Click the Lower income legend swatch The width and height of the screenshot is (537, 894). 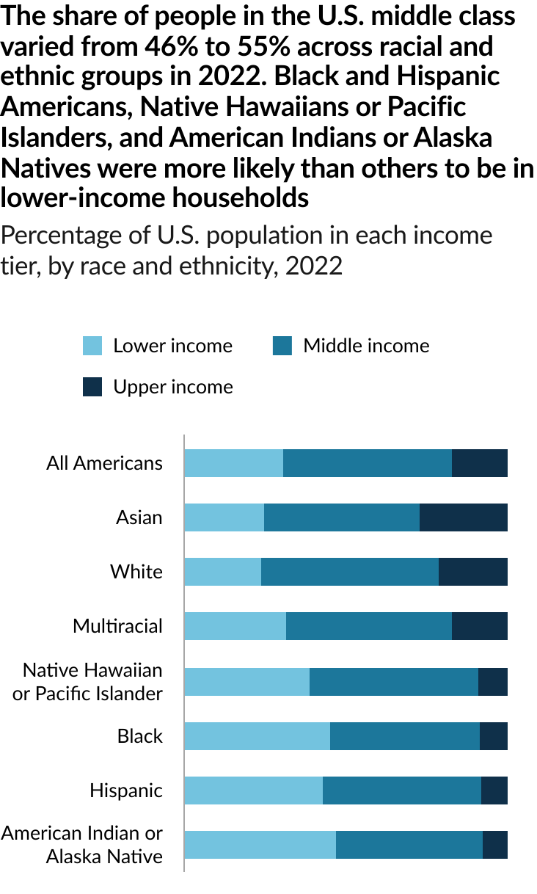(x=92, y=346)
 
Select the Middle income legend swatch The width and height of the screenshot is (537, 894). (x=282, y=346)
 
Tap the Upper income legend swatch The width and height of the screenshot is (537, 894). (x=92, y=387)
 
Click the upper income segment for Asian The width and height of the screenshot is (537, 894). (x=463, y=517)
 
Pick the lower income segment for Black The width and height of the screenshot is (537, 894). (x=257, y=736)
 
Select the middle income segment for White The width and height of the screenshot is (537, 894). (x=349, y=572)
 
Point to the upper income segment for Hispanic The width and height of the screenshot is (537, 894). (x=494, y=791)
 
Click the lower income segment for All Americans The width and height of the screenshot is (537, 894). (x=233, y=463)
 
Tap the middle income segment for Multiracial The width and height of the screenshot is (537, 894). (x=368, y=626)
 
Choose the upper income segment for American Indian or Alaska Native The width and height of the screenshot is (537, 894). (x=494, y=845)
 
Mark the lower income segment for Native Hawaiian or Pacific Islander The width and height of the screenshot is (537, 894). (x=246, y=682)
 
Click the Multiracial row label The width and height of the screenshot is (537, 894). (x=117, y=626)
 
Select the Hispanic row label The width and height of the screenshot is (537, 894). (x=126, y=791)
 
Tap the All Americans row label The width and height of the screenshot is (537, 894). (x=104, y=463)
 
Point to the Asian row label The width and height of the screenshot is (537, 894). (x=139, y=517)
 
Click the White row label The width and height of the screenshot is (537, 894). (x=136, y=572)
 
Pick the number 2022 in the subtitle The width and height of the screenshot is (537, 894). (x=314, y=265)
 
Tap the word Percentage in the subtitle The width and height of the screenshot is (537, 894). (x=59, y=236)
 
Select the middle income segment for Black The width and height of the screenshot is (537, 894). (x=405, y=736)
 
